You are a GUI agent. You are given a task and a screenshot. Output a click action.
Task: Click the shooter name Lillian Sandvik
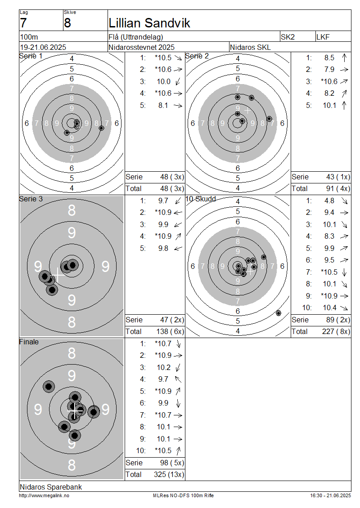click(x=149, y=23)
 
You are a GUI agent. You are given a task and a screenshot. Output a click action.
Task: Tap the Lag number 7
click(x=23, y=23)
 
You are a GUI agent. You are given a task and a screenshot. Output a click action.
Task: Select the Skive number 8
click(x=67, y=23)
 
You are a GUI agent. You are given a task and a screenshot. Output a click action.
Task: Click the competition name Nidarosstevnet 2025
click(x=141, y=47)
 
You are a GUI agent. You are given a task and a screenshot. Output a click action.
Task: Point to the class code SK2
click(x=288, y=37)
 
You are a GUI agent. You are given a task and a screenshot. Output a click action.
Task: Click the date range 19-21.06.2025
click(x=43, y=47)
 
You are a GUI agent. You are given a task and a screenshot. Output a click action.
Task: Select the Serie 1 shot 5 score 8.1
click(x=163, y=105)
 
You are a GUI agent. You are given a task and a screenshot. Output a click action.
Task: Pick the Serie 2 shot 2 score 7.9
click(x=329, y=69)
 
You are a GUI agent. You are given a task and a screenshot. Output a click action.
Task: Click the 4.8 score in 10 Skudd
click(x=329, y=201)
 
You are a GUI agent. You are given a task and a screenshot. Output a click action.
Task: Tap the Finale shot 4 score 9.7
click(x=163, y=379)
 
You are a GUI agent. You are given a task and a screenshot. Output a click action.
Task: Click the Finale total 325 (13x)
click(x=169, y=474)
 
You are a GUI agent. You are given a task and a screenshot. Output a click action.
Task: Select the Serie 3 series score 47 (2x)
click(x=172, y=320)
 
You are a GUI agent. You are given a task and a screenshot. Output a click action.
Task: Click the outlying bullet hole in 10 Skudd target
click(x=278, y=313)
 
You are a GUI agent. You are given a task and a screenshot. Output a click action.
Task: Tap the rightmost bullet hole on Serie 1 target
click(x=101, y=128)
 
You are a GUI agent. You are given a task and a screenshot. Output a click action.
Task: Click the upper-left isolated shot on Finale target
click(x=49, y=386)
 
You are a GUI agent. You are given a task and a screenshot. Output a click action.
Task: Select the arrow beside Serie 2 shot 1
click(x=344, y=58)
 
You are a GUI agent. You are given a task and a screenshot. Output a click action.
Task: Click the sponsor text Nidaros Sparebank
click(x=50, y=486)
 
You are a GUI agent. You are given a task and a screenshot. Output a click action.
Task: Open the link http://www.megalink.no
click(x=44, y=495)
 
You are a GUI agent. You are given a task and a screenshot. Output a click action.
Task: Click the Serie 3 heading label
click(x=31, y=199)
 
